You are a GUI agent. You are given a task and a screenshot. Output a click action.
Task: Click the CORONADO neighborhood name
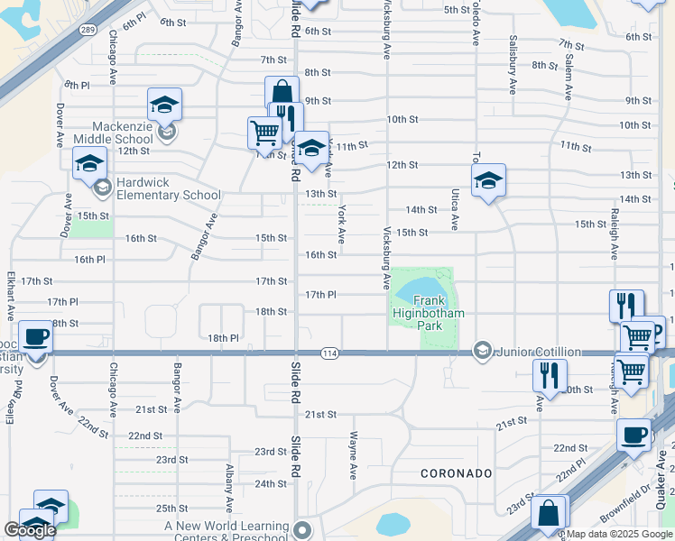[x=457, y=473]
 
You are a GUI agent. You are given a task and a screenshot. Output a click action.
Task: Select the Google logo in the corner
[x=30, y=530]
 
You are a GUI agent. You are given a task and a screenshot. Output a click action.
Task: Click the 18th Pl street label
[x=223, y=338]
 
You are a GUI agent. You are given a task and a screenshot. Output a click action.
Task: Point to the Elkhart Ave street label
[x=11, y=292]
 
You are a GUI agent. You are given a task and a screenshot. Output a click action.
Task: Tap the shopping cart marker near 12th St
[x=264, y=133]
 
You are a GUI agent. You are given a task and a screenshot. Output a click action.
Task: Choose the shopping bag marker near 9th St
[x=282, y=91]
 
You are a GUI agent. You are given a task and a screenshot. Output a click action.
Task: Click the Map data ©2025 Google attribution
[x=620, y=534]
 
